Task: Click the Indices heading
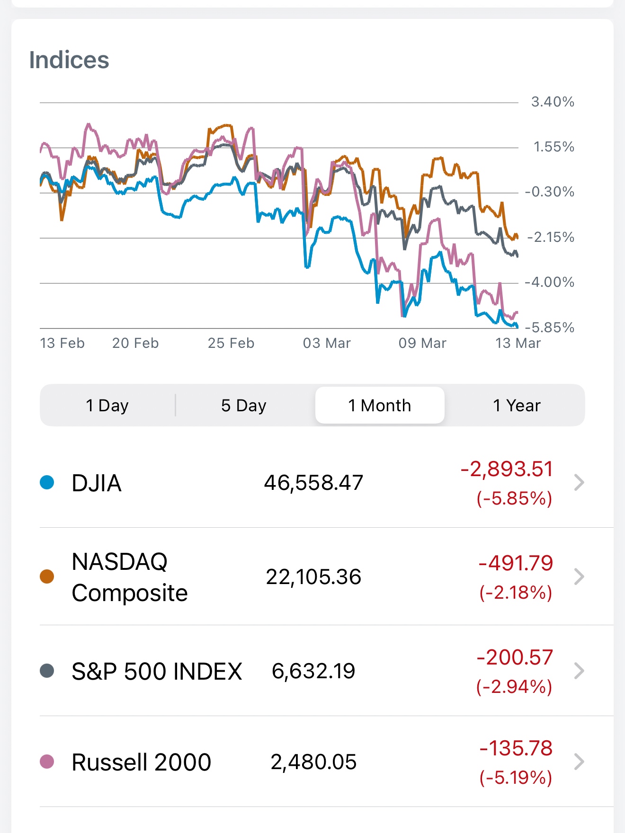pyautogui.click(x=69, y=60)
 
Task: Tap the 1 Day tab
pyautogui.click(x=107, y=406)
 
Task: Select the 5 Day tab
pyautogui.click(x=244, y=406)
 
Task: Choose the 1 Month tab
pyautogui.click(x=380, y=406)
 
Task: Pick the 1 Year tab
pyautogui.click(x=517, y=406)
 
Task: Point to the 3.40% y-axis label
pyautogui.click(x=553, y=102)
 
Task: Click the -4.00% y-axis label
pyautogui.click(x=549, y=282)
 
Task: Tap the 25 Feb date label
pyautogui.click(x=231, y=343)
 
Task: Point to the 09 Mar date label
pyautogui.click(x=422, y=343)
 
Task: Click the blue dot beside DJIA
pyautogui.click(x=47, y=482)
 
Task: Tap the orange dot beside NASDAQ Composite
pyautogui.click(x=47, y=576)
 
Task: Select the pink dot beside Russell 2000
pyautogui.click(x=47, y=762)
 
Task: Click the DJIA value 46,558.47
pyautogui.click(x=313, y=483)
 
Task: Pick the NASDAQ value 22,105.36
pyautogui.click(x=313, y=577)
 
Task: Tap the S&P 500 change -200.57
pyautogui.click(x=515, y=657)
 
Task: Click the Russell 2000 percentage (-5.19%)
pyautogui.click(x=516, y=778)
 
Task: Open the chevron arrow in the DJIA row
pyautogui.click(x=579, y=482)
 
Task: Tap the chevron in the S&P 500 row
pyautogui.click(x=579, y=671)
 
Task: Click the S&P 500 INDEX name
pyautogui.click(x=157, y=671)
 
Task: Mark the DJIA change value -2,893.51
pyautogui.click(x=507, y=469)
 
